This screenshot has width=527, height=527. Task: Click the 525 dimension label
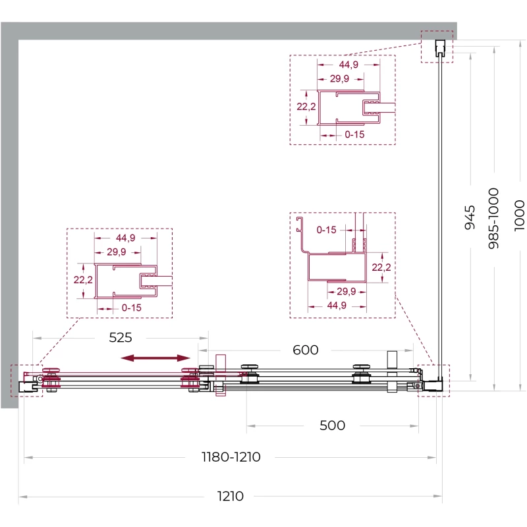(x=121, y=337)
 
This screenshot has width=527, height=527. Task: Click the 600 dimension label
(x=306, y=350)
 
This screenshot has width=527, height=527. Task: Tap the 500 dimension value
(x=332, y=426)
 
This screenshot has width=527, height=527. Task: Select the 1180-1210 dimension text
(x=231, y=457)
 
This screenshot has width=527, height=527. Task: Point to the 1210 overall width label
(x=230, y=496)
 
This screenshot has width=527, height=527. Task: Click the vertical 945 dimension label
(x=470, y=217)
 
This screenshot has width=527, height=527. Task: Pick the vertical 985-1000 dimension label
(x=493, y=219)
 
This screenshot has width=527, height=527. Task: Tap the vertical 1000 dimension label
(x=519, y=215)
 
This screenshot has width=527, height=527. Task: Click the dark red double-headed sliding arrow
(x=155, y=358)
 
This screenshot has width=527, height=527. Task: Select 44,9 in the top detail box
(x=348, y=64)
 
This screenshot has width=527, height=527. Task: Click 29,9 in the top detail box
(x=339, y=78)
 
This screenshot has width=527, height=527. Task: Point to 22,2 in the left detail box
(x=83, y=279)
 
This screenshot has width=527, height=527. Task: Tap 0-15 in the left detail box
(x=131, y=308)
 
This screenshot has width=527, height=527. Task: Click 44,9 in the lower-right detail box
(x=337, y=305)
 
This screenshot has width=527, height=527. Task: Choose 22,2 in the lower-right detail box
(x=381, y=267)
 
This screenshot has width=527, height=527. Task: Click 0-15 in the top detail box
(x=354, y=134)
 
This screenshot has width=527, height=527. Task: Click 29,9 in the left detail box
(x=117, y=252)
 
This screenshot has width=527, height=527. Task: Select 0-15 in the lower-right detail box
(x=326, y=230)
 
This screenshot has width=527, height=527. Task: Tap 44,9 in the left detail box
(x=125, y=238)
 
